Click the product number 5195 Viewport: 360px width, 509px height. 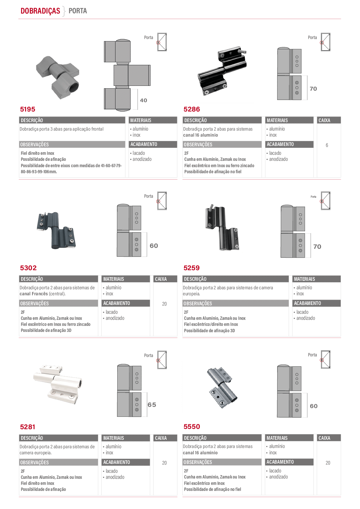point(28,109)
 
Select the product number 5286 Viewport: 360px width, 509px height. point(192,109)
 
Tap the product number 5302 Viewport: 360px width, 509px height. point(28,268)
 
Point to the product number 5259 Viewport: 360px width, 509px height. point(191,268)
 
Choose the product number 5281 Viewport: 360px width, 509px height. point(28,427)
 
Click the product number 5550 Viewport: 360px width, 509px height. point(192,426)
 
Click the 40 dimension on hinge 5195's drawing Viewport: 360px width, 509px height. point(143,100)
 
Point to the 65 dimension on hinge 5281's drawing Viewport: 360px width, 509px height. point(152,405)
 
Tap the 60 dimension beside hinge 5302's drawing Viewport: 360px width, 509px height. point(154,246)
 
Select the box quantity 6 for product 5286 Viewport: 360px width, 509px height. point(327,145)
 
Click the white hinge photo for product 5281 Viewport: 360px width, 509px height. point(58,384)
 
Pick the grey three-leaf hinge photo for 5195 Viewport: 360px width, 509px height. point(58,77)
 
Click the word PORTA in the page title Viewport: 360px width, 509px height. point(78,11)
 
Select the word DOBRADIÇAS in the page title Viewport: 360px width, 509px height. point(40,11)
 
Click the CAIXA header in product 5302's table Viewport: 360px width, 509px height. point(161,279)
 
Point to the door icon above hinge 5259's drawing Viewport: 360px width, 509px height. point(325,201)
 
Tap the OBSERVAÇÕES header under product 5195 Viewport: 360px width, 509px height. point(34,144)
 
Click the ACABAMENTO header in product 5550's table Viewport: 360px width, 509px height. point(280,462)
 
